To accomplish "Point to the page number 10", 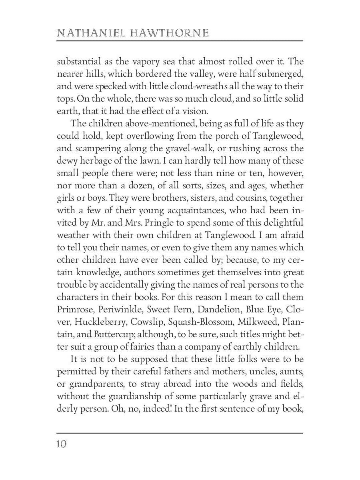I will (62, 444).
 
